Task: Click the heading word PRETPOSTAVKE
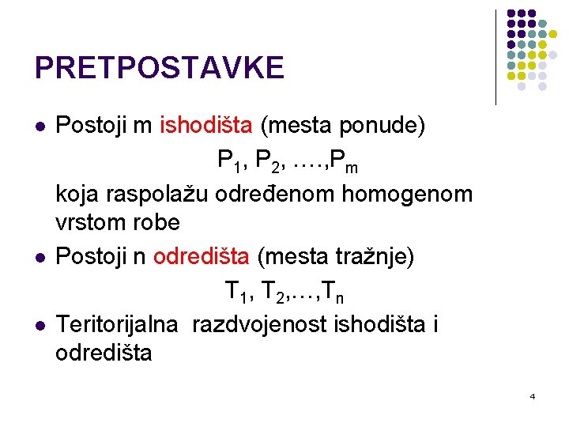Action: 159,68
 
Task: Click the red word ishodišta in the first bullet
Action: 206,125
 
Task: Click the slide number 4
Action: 532,395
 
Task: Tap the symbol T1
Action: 236,294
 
